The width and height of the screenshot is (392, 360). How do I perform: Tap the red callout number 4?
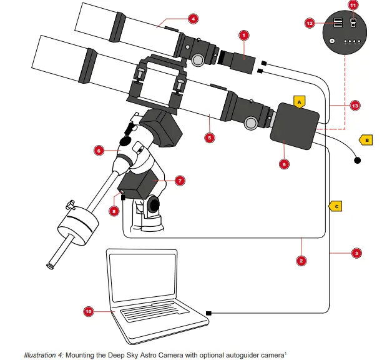[194, 19]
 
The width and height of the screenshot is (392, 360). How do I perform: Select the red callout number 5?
[210, 137]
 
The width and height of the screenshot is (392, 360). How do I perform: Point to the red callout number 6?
[99, 150]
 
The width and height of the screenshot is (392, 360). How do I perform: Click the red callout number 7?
[179, 181]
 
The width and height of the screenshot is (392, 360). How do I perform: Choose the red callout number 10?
[89, 310]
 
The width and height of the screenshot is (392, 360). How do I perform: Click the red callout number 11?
[353, 5]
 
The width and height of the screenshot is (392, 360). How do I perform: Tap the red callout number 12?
[310, 22]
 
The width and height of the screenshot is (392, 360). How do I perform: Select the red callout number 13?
[355, 106]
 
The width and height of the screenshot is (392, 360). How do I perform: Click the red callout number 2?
[301, 260]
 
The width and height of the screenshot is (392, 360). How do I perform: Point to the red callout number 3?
[356, 253]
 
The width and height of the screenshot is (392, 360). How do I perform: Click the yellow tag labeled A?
[299, 101]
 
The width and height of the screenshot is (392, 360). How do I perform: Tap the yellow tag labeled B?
[366, 140]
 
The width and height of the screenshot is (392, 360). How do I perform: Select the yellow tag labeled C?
[336, 204]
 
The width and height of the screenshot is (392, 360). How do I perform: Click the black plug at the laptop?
[208, 312]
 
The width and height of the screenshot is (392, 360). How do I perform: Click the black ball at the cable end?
[358, 161]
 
